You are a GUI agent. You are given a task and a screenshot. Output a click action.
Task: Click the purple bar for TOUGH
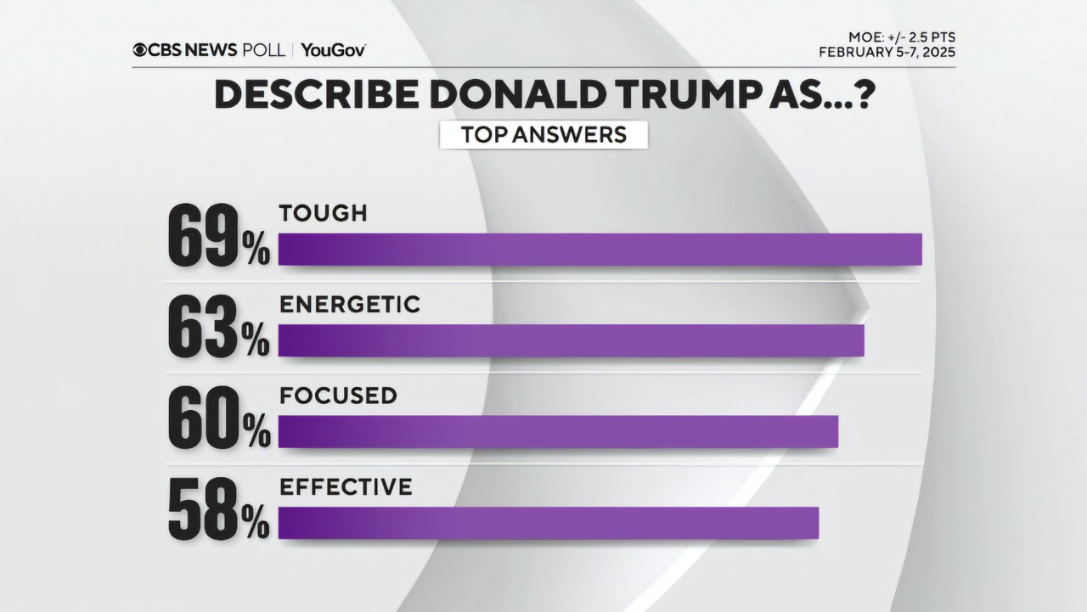pyautogui.click(x=600, y=249)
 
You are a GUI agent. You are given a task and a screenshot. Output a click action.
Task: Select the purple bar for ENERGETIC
pyautogui.click(x=571, y=340)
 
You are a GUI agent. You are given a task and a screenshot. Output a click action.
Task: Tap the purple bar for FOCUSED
pyautogui.click(x=558, y=431)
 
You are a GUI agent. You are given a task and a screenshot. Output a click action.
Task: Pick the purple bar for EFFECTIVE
pyautogui.click(x=548, y=523)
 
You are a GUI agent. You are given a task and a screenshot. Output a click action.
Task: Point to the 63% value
pyautogui.click(x=218, y=328)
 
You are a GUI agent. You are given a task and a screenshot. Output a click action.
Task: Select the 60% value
pyautogui.click(x=218, y=419)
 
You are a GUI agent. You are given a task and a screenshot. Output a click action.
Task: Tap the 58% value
pyautogui.click(x=218, y=510)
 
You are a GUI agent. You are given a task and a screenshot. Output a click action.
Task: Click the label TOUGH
pyautogui.click(x=324, y=213)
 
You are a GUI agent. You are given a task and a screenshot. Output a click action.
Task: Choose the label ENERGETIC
pyautogui.click(x=350, y=305)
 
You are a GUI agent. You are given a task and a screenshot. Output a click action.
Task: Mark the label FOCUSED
pyautogui.click(x=338, y=396)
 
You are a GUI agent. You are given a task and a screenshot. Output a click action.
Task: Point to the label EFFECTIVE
pyautogui.click(x=346, y=487)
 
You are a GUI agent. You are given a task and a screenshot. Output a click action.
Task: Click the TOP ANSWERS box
pyautogui.click(x=543, y=135)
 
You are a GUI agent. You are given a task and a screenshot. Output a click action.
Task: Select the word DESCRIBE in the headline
pyautogui.click(x=315, y=95)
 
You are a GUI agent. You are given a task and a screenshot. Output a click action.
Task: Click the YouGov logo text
pyautogui.click(x=333, y=50)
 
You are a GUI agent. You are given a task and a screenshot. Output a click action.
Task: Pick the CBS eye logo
pyautogui.click(x=139, y=50)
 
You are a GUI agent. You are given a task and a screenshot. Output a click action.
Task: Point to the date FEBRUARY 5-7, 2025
pyautogui.click(x=887, y=53)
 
